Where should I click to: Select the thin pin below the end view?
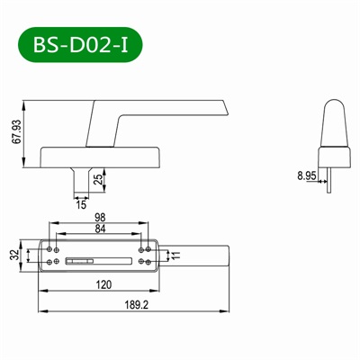pyautogui.click(x=330, y=178)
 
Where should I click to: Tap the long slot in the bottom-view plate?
pyautogui.click(x=97, y=260)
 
